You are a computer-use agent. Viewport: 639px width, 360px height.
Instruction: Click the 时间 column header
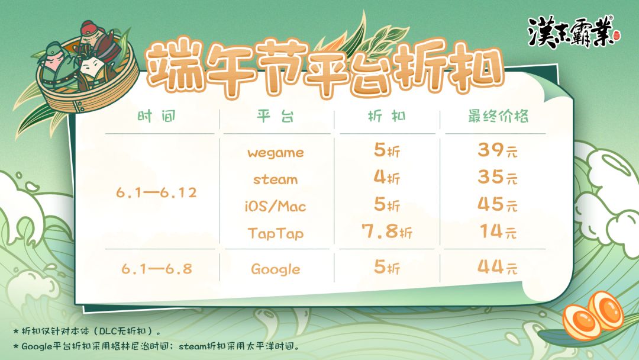[x=157, y=117]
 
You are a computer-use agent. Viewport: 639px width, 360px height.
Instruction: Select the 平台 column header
[x=275, y=117]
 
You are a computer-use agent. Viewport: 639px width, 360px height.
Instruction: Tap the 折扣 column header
[x=387, y=117]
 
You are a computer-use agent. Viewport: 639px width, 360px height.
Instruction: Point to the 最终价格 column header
[x=498, y=117]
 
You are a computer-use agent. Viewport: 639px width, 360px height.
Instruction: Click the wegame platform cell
[x=276, y=153]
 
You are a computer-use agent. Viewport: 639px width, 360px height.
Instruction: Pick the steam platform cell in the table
[x=276, y=179]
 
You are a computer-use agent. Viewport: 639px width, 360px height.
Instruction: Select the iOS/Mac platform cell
[x=276, y=206]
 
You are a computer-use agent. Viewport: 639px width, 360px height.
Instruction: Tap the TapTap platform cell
[x=276, y=234]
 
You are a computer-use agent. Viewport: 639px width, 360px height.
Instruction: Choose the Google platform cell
[x=276, y=269]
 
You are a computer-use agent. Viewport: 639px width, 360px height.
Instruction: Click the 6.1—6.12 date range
[x=156, y=192]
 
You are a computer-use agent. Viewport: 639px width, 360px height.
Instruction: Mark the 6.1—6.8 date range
[x=157, y=269]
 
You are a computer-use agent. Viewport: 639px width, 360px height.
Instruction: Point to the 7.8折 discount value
[x=387, y=232]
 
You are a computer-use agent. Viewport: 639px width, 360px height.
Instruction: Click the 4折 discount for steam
[x=387, y=178]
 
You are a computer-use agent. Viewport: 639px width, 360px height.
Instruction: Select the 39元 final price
[x=498, y=150]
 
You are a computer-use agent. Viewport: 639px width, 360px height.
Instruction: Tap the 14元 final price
[x=498, y=232]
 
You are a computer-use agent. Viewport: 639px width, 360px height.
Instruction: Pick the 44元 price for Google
[x=498, y=268]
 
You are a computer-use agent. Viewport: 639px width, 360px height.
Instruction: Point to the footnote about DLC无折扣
[x=87, y=330]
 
